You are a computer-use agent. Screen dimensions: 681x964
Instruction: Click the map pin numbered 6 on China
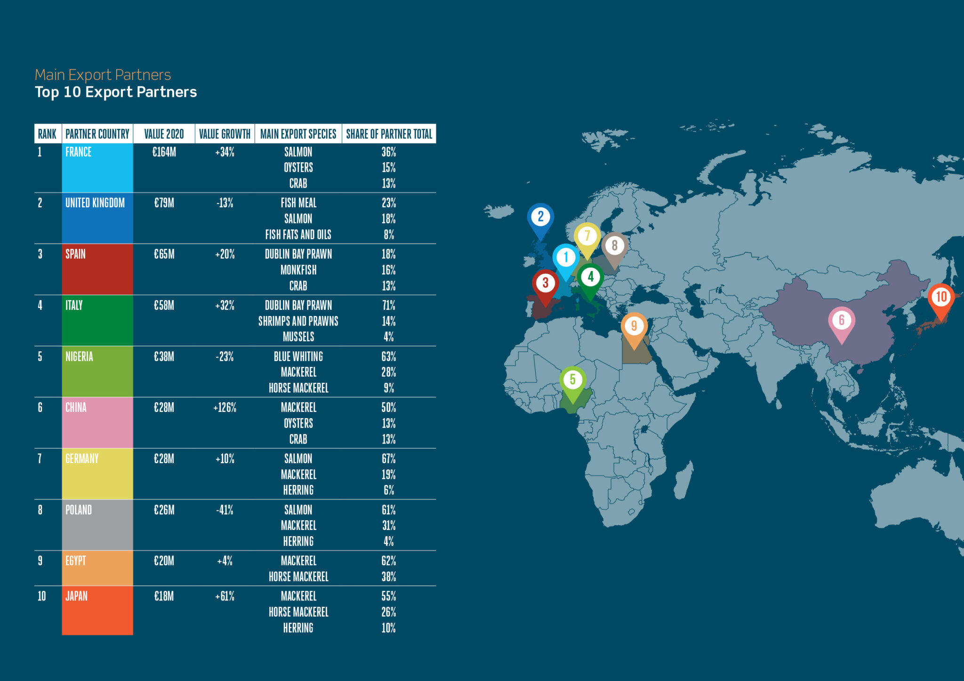[842, 321]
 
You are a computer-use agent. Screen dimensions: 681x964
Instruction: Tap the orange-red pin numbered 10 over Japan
[941, 297]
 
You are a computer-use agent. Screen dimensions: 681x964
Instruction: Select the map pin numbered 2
[540, 217]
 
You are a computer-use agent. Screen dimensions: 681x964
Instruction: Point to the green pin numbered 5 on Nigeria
[572, 380]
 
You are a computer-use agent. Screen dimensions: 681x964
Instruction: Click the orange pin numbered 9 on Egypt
[634, 326]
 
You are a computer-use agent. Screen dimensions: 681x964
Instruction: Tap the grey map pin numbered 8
[614, 245]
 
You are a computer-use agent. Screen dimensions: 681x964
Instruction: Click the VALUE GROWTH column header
[225, 134]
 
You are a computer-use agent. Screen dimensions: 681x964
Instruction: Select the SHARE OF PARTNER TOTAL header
[389, 134]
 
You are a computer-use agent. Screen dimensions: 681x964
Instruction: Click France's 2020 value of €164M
[164, 152]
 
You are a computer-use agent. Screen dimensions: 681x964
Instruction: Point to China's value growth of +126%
[225, 407]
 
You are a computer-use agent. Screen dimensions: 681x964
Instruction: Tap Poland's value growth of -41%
[225, 510]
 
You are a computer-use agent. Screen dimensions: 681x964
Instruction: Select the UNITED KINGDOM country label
[95, 203]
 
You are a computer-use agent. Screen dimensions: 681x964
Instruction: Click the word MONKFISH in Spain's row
[298, 270]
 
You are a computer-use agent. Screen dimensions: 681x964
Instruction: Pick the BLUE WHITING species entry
[298, 356]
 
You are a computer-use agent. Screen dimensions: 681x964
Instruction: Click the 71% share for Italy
[389, 305]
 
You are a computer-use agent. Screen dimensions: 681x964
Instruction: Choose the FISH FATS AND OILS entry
[298, 234]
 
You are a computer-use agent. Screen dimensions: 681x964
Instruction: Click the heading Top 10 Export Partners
[116, 92]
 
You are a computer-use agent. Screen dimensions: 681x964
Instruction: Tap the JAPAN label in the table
[76, 596]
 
